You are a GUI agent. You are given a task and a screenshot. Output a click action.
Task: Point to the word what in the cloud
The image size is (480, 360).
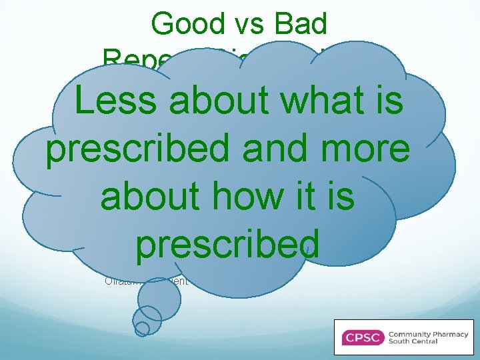321,102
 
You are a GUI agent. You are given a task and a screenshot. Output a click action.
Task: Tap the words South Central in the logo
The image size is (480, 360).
414,341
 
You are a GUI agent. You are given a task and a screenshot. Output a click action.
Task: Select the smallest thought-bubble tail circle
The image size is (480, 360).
142,328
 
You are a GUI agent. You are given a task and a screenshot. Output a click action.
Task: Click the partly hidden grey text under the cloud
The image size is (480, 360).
147,281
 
